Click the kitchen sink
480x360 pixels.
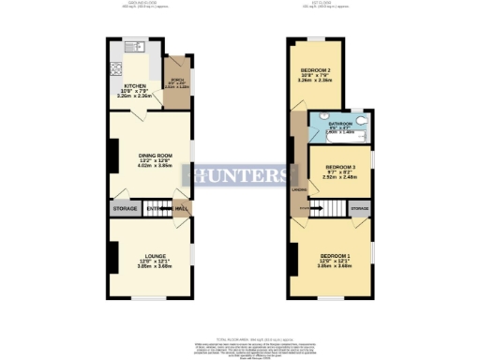point(132,47)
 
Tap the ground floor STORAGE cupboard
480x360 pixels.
point(125,208)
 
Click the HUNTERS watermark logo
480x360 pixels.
point(240,175)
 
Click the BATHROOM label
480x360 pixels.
point(340,123)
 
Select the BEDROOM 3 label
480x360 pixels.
point(341,166)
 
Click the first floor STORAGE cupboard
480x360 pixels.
point(360,208)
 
